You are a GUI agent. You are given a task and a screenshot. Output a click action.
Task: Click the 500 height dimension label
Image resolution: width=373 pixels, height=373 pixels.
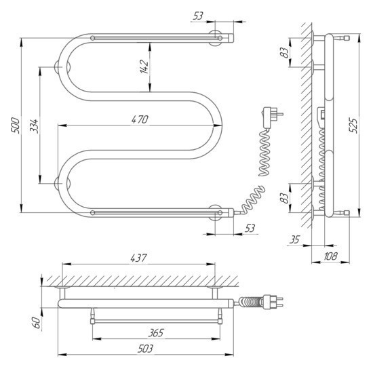16,125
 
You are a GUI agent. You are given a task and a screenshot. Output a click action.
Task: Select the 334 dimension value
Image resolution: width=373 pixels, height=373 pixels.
34,126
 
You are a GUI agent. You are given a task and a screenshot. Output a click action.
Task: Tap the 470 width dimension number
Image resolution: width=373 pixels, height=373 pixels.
140,119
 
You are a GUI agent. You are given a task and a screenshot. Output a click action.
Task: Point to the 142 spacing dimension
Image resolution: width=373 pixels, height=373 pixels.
144,66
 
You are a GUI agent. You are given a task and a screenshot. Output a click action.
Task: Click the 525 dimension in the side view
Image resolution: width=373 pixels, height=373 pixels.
353,125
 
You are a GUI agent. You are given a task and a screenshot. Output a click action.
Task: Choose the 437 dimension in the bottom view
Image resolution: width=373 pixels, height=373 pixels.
138,258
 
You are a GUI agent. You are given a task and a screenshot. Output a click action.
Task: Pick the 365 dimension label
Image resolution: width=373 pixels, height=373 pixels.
156,333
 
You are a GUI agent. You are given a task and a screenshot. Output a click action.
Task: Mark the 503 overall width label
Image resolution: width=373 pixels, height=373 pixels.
145,349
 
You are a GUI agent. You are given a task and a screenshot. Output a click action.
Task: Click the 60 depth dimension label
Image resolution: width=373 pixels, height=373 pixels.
37,323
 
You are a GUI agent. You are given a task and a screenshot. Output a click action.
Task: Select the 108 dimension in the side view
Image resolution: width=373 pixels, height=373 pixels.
331,256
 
